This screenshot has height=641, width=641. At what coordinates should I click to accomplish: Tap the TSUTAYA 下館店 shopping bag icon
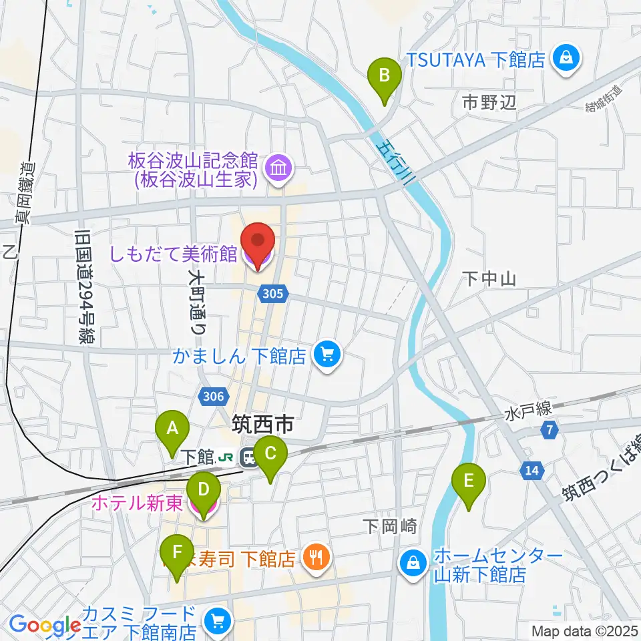point(566,59)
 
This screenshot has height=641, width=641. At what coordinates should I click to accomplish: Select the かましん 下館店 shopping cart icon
point(327,354)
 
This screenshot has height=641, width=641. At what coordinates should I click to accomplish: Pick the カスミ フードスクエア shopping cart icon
point(217,621)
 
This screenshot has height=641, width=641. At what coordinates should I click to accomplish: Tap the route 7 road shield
point(549,431)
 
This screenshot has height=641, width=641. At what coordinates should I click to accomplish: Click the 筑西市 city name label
point(262,423)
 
